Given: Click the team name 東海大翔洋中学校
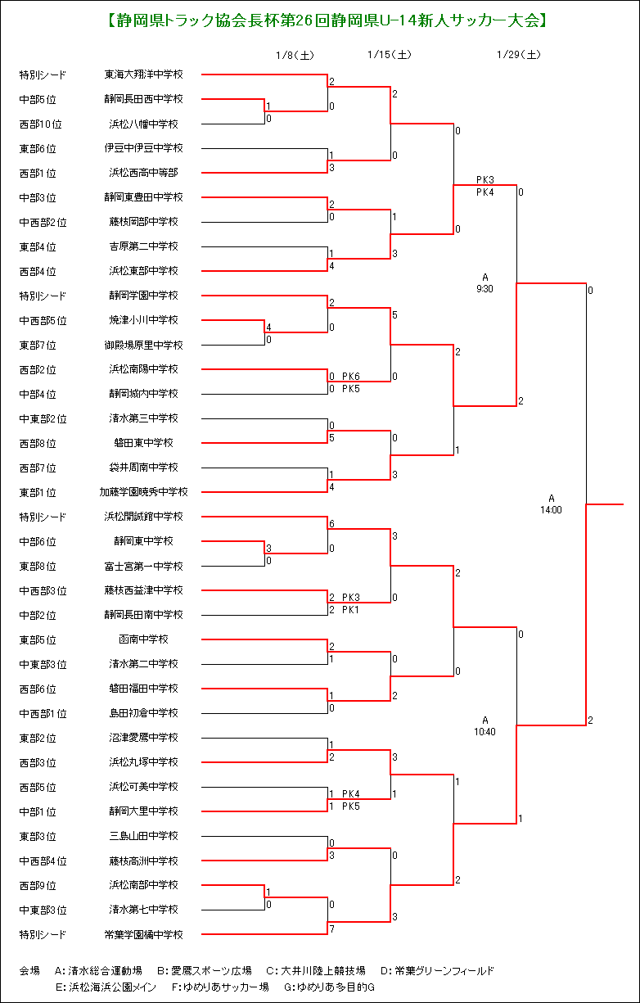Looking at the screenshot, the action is [144, 75].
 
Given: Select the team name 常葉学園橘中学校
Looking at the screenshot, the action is [144, 934].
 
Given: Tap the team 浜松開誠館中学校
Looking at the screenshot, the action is [144, 517].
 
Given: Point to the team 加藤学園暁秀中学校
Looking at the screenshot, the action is [144, 491].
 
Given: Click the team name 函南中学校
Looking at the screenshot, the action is [144, 639].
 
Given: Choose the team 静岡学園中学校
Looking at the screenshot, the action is [144, 296].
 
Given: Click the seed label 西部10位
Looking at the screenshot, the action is [40, 124].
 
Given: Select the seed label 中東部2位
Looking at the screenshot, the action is [43, 418].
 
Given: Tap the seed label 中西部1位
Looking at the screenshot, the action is [43, 713].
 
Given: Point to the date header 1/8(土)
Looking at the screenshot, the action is [295, 55].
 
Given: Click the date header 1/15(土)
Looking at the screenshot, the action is [390, 55].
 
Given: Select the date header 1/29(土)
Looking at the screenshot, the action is [519, 55].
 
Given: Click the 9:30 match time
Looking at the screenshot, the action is [485, 289].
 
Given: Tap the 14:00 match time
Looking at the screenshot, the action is [551, 509].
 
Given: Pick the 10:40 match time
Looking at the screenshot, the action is [485, 732].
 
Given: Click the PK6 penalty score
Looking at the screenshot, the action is [351, 376].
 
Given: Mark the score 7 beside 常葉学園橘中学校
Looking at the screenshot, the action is [332, 929].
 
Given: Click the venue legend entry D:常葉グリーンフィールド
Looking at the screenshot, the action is [437, 971].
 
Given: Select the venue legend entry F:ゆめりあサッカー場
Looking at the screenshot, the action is [220, 987].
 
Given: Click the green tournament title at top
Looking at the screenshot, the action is [327, 20].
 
